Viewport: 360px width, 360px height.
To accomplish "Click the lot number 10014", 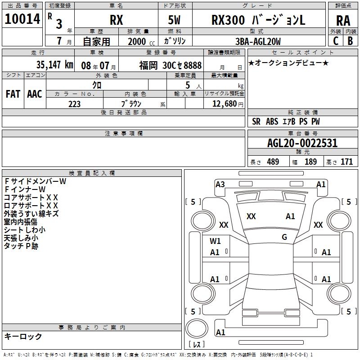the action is point(22,19).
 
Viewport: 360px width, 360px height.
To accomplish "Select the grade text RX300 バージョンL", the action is point(258,20).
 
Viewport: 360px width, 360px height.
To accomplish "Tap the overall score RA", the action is point(343,21).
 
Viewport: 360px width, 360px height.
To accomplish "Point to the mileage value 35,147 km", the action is point(54,65).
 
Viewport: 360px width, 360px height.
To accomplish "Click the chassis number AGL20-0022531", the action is point(302,143).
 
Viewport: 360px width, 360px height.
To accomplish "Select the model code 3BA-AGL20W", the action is point(258,41).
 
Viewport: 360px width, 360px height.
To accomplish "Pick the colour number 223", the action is point(74,104).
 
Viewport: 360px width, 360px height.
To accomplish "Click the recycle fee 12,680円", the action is point(228,104).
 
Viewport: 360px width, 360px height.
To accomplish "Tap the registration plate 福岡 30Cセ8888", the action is point(171,65).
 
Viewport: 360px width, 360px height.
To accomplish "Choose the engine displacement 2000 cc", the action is point(141,41).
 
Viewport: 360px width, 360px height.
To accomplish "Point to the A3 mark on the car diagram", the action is point(220,184).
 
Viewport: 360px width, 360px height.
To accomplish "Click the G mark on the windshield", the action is point(284,237).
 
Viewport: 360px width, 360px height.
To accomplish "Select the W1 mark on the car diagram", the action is point(215,241).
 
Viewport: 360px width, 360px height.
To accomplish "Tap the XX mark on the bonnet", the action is point(251,216).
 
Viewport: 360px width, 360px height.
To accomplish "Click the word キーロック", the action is point(23,336).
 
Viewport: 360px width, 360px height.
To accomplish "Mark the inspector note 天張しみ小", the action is point(21,238).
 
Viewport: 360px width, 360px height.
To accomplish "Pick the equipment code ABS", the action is point(272,121).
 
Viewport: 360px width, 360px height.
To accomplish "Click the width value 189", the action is point(310,162).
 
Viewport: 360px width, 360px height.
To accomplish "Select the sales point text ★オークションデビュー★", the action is point(288,63).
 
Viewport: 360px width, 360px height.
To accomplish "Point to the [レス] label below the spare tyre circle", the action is point(197,344).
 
